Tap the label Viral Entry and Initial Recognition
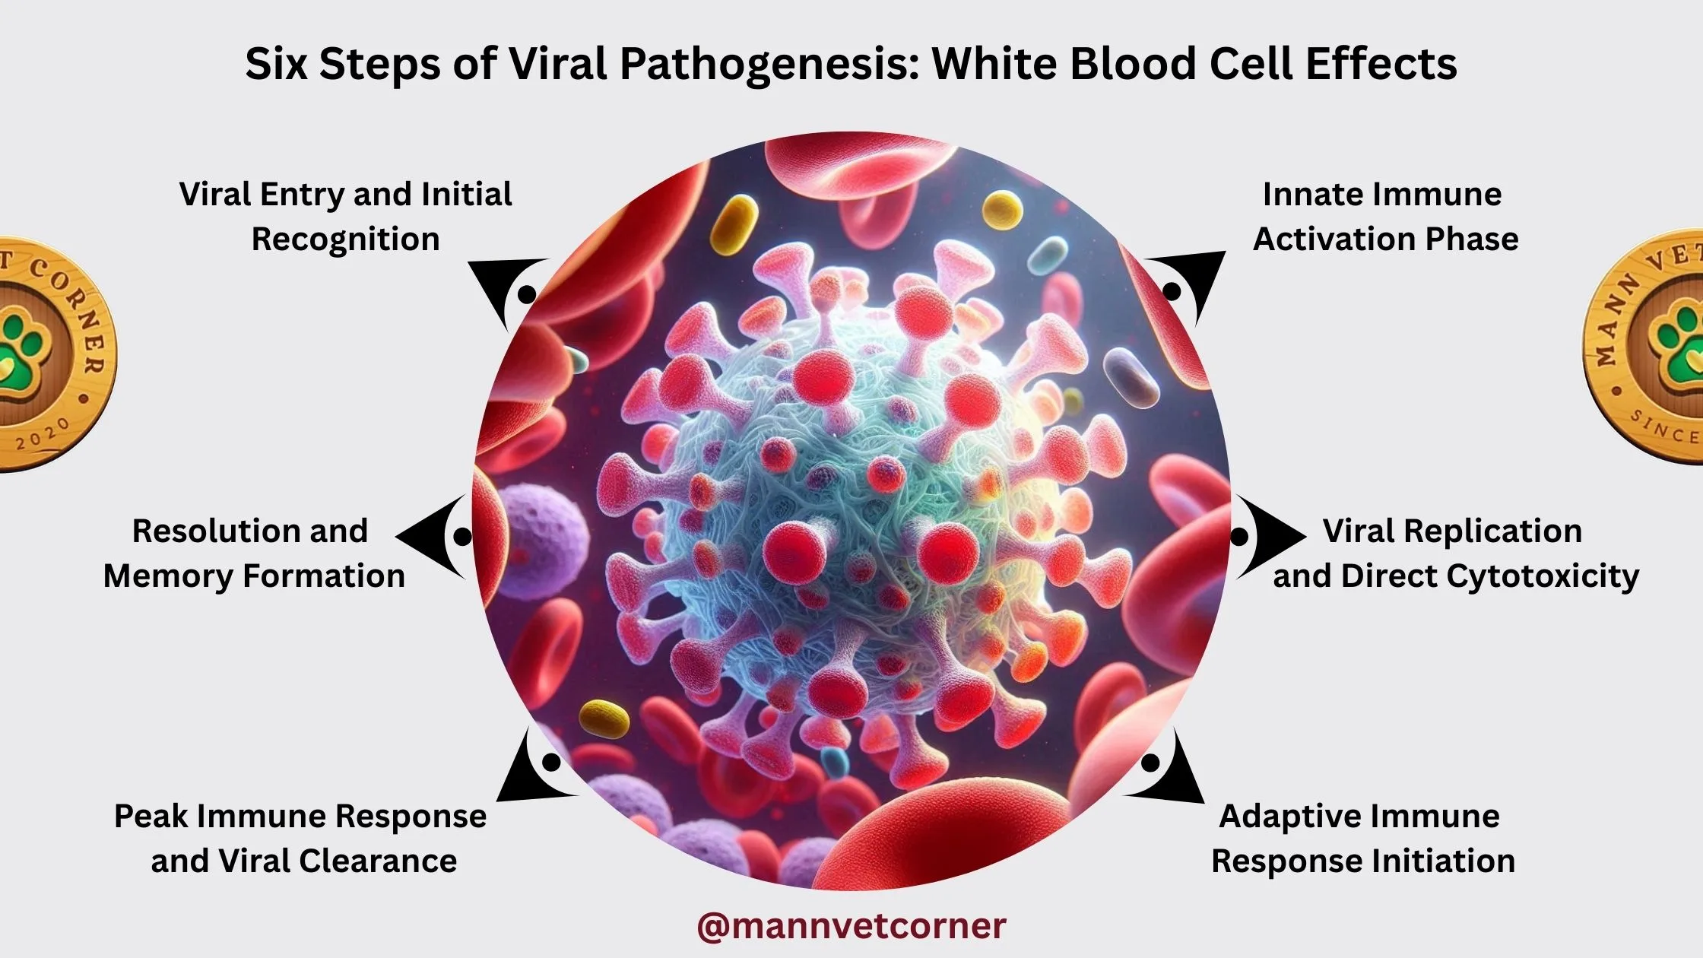(x=346, y=217)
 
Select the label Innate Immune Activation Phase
(x=1384, y=217)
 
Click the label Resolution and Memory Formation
(x=253, y=553)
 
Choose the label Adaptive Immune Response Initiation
(x=1362, y=839)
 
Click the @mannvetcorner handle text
(x=851, y=926)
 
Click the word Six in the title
(x=275, y=64)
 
